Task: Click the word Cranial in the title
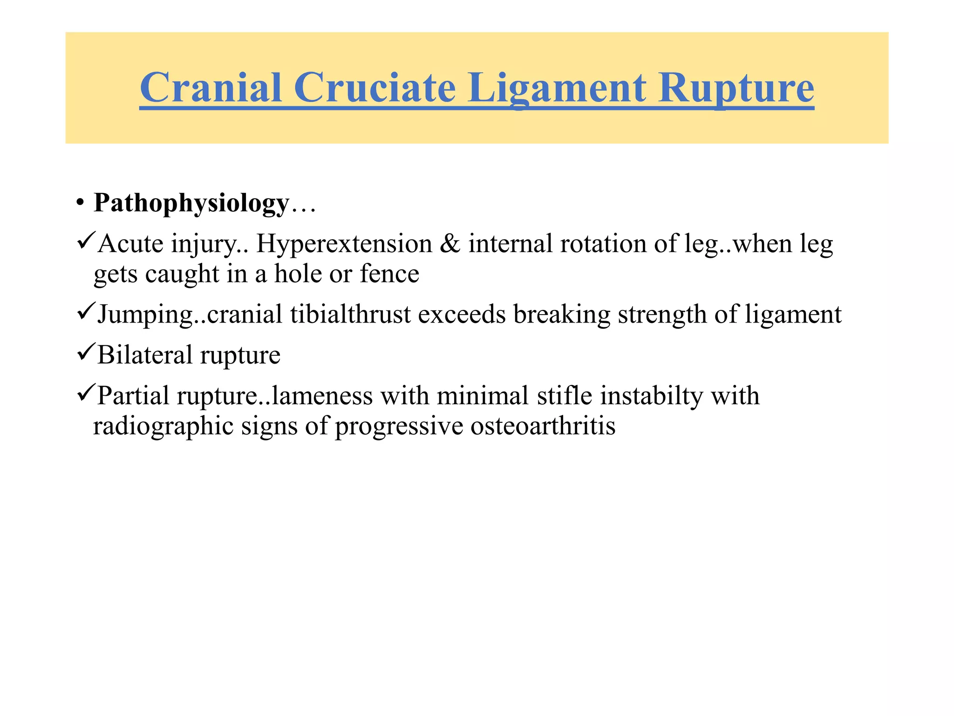(x=211, y=88)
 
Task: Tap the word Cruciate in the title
(x=375, y=88)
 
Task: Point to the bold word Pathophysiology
(x=191, y=204)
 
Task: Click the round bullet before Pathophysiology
(x=80, y=204)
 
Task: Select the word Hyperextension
(x=344, y=244)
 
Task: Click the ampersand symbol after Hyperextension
(x=450, y=244)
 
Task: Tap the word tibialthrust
(x=351, y=315)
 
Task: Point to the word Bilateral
(x=145, y=355)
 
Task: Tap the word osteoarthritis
(x=543, y=426)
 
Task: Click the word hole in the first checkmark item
(x=298, y=274)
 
